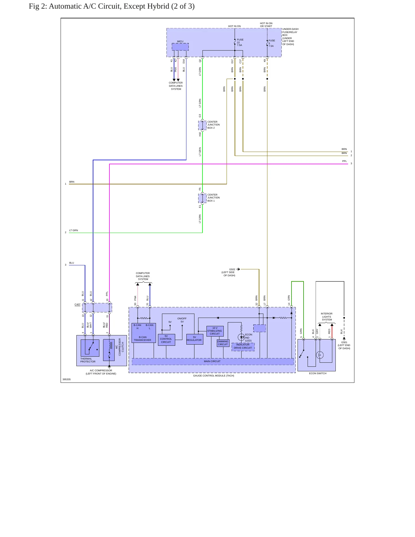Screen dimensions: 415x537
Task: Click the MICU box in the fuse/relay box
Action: (x=180, y=47)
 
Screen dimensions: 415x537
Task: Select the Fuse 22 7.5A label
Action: (x=240, y=43)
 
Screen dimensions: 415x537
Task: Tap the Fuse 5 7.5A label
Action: (x=272, y=43)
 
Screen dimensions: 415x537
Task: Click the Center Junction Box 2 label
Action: (x=213, y=125)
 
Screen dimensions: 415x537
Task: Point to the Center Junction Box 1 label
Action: (x=213, y=198)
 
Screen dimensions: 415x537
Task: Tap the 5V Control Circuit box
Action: (x=166, y=340)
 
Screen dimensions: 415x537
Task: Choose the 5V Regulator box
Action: (x=195, y=339)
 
